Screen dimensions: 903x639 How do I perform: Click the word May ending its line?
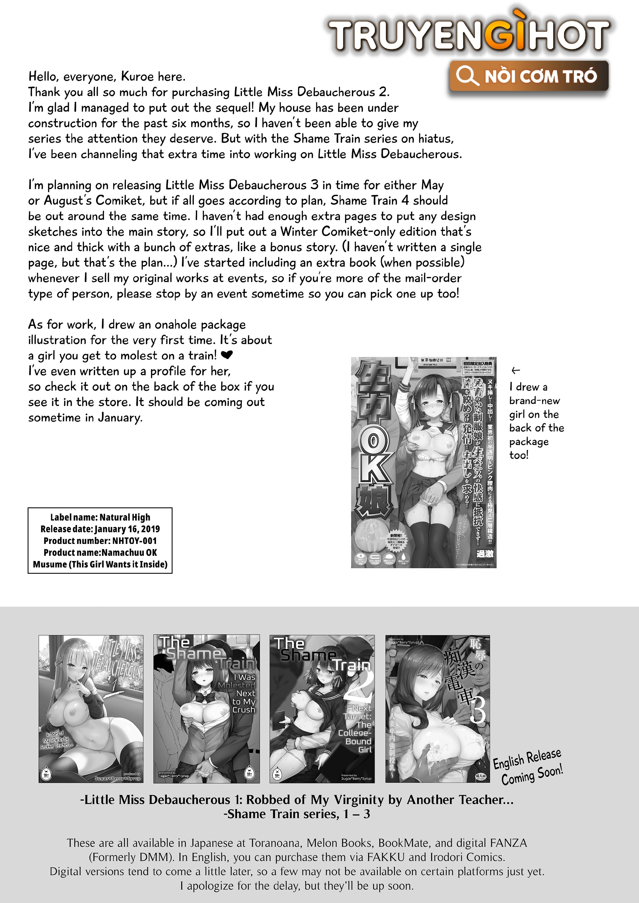tap(432, 185)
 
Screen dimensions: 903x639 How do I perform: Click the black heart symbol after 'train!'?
tap(227, 355)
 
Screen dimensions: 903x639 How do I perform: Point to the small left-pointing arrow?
tap(515, 370)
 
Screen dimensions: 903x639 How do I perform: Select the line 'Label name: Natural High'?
tap(100, 517)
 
